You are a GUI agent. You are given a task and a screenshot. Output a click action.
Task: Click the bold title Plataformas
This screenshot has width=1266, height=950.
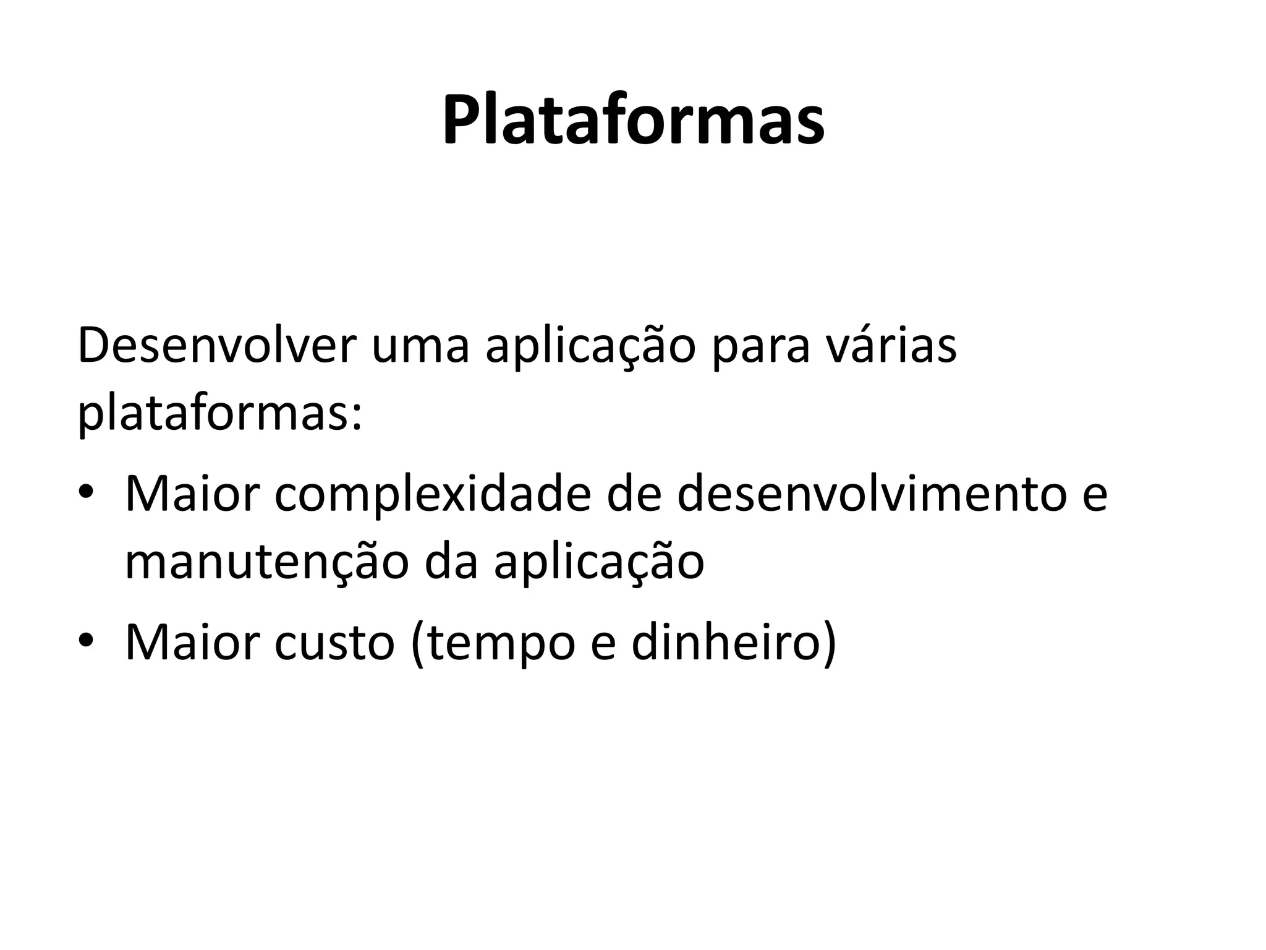pos(633,120)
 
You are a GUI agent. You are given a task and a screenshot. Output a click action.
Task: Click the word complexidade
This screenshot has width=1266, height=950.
pos(433,495)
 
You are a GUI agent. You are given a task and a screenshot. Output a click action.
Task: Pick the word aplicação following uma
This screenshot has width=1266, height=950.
pos(590,348)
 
